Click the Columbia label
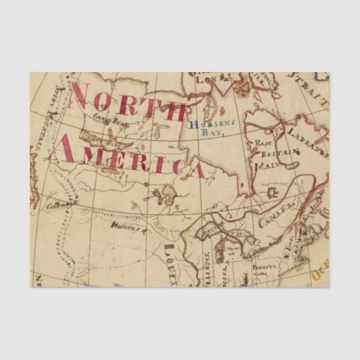click(62, 202)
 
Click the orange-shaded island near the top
click(242, 86)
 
